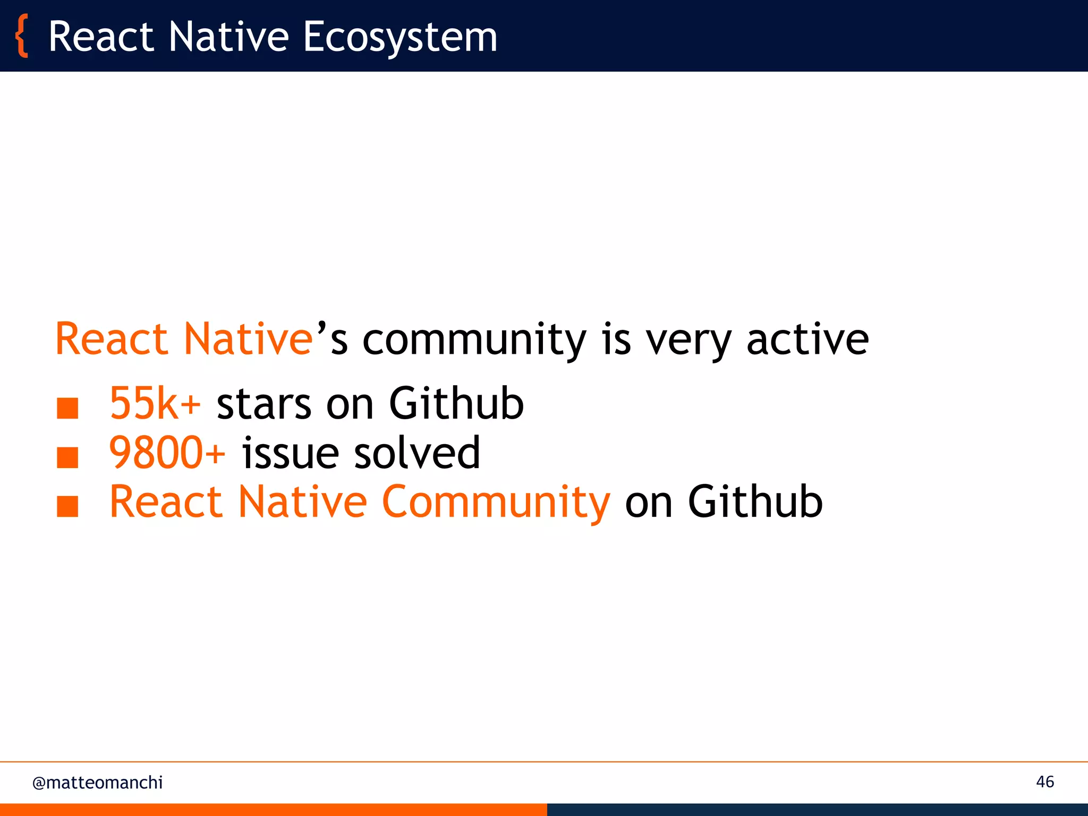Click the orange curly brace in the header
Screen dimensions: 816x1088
click(x=22, y=36)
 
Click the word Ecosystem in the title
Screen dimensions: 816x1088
click(x=400, y=37)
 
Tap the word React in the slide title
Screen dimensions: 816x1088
click(x=101, y=37)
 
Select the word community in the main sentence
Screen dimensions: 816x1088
click(x=474, y=340)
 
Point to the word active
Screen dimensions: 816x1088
click(x=807, y=340)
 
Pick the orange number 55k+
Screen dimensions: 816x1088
click(x=155, y=403)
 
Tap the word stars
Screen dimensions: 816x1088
click(x=263, y=404)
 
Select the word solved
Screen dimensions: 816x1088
click(x=417, y=453)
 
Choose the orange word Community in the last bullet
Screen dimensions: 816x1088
click(x=496, y=502)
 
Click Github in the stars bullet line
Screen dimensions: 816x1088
click(x=456, y=403)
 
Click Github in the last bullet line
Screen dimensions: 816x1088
click(x=755, y=501)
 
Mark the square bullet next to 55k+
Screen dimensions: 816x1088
click(x=67, y=409)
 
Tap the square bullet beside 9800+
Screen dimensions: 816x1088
click(x=67, y=457)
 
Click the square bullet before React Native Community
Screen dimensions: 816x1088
click(x=67, y=506)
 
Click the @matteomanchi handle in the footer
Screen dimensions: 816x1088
click(x=97, y=783)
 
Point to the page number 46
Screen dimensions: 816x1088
click(x=1044, y=782)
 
